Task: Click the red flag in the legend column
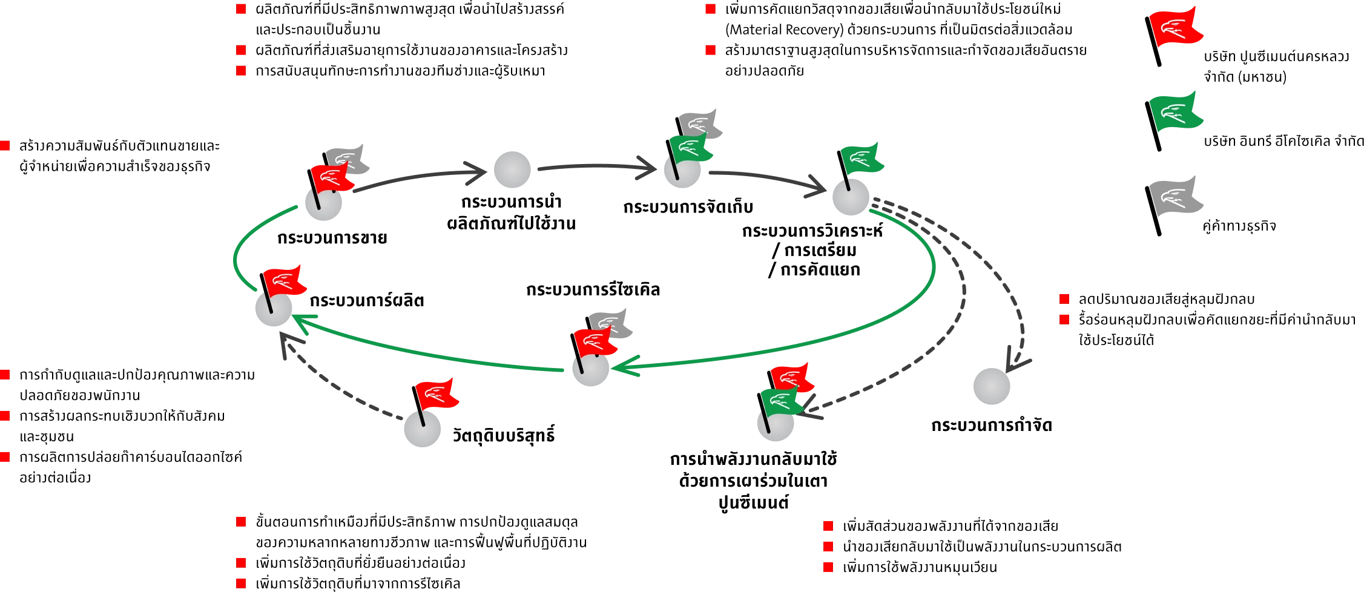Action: click(x=1176, y=27)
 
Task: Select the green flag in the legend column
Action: click(x=1176, y=113)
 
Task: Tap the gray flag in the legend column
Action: click(x=1176, y=196)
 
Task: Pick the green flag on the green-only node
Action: click(x=862, y=158)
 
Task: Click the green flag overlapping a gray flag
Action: click(x=690, y=149)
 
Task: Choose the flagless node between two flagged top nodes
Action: click(x=513, y=170)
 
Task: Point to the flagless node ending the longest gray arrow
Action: click(x=992, y=387)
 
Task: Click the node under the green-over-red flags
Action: click(x=775, y=426)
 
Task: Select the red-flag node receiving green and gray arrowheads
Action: click(x=272, y=309)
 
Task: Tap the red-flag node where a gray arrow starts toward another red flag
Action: click(x=421, y=430)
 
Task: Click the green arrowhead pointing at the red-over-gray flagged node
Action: click(x=624, y=367)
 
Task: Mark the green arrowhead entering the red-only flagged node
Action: click(x=301, y=321)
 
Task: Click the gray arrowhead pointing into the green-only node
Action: click(x=814, y=187)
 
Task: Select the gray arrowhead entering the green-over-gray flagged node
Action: click(x=647, y=168)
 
